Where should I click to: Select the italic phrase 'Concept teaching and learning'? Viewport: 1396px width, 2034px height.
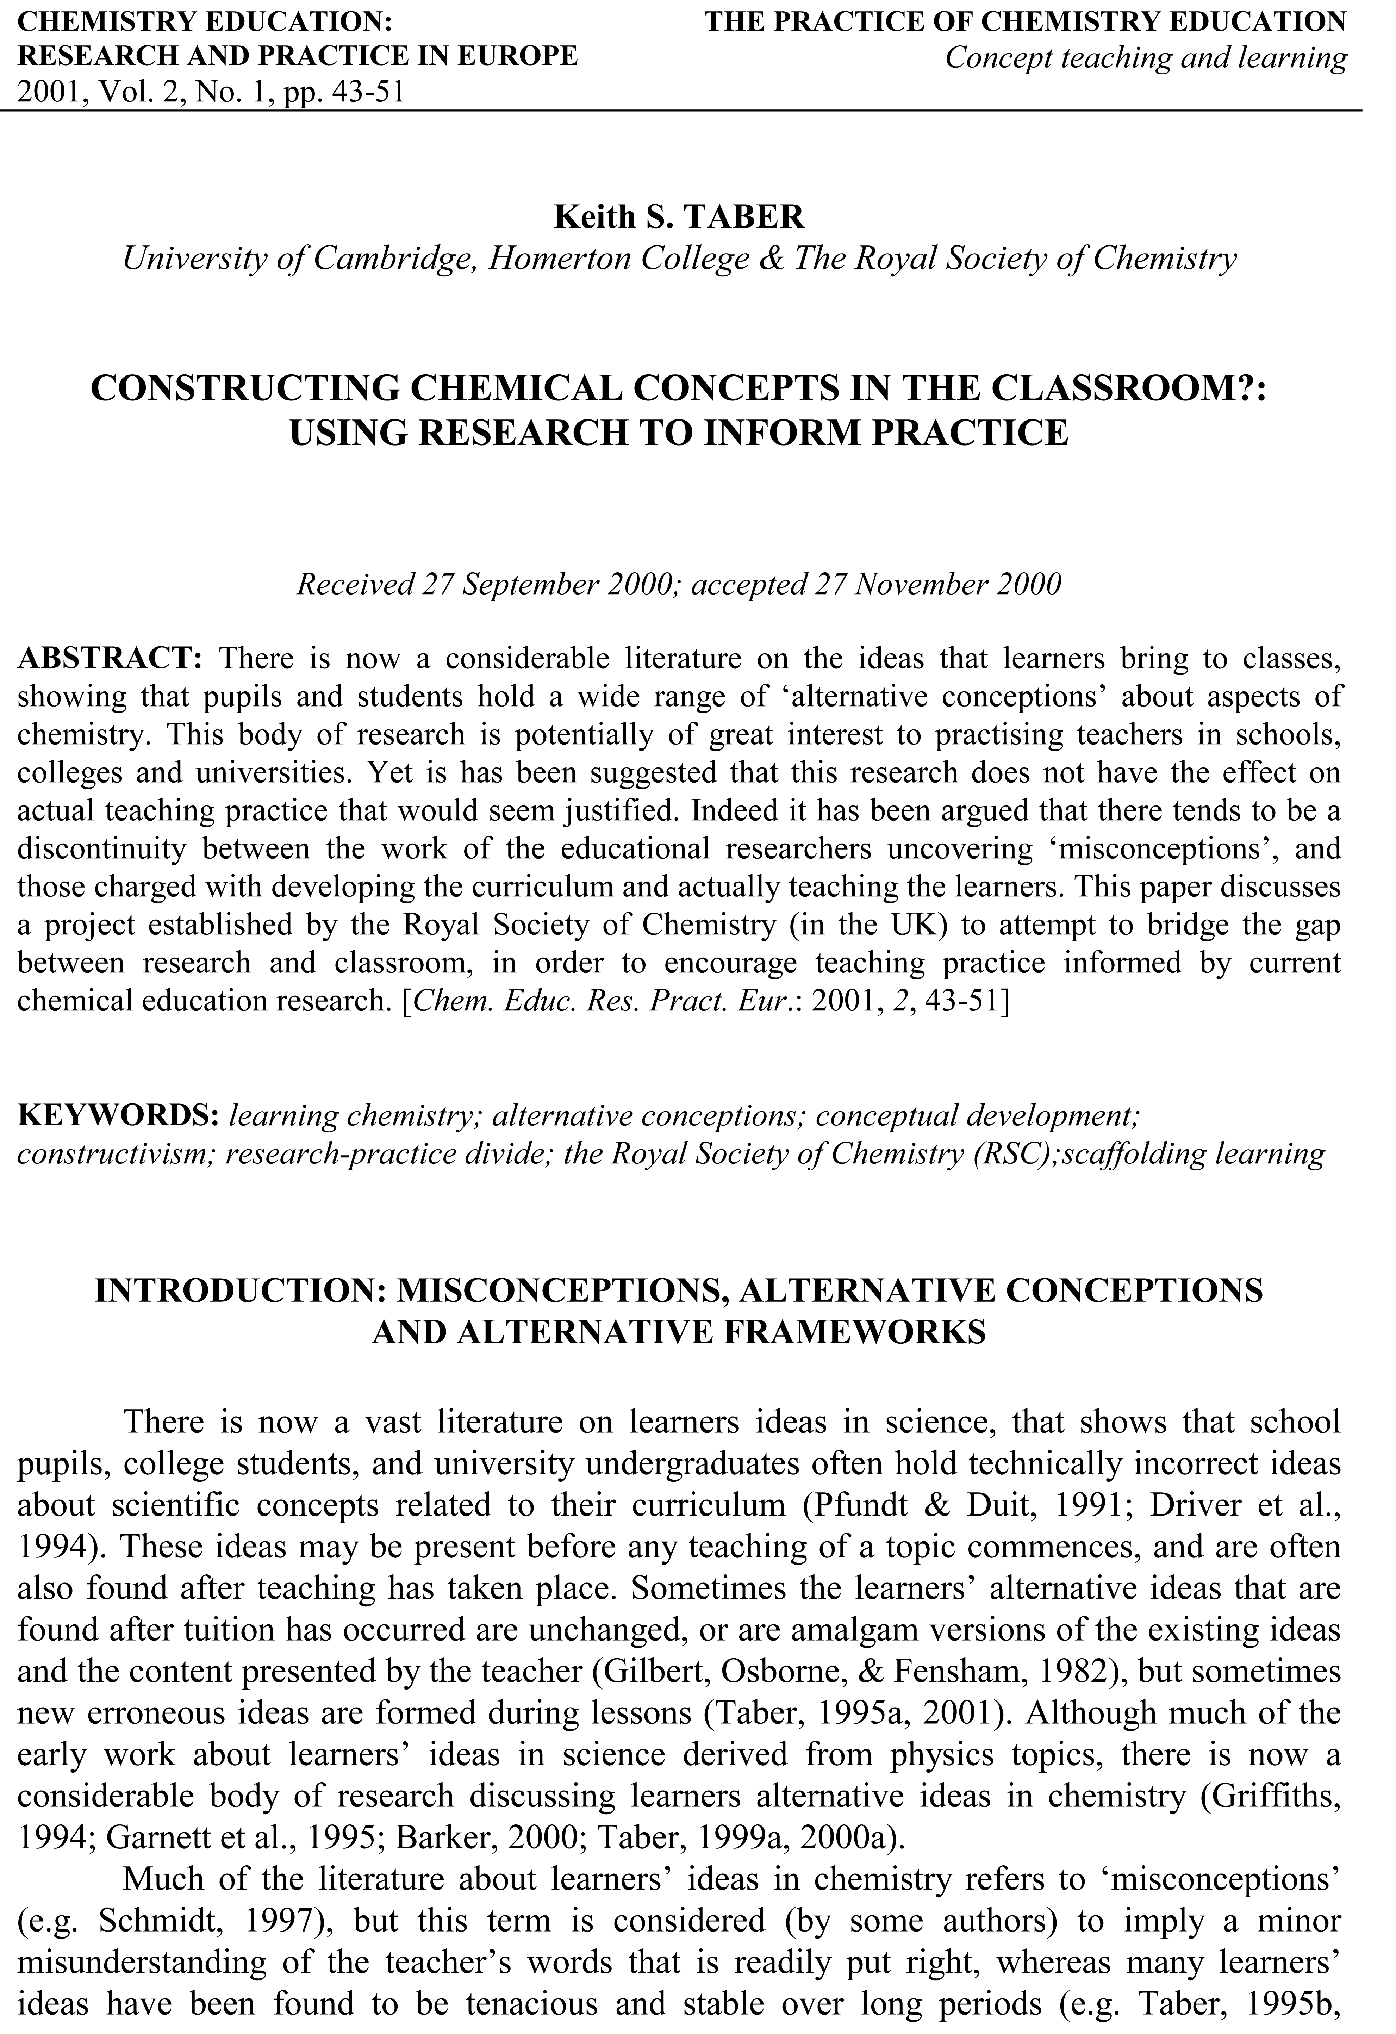[1146, 58]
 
